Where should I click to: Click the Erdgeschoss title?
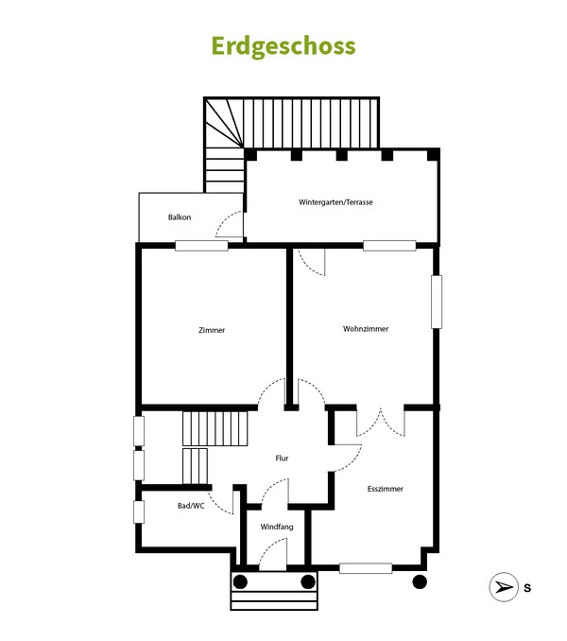tap(283, 46)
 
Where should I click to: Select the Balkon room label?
tap(180, 217)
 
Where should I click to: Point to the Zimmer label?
tap(212, 330)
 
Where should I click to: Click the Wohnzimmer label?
tap(366, 329)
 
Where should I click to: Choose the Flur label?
tap(282, 458)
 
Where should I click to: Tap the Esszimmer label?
tap(385, 489)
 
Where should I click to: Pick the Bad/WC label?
tap(191, 506)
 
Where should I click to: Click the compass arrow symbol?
tap(503, 587)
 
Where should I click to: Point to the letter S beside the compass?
tap(527, 588)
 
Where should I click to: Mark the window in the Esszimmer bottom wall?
tap(366, 568)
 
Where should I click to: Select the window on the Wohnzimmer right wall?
tap(437, 302)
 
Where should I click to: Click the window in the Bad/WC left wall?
tap(139, 511)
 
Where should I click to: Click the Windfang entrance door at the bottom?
tap(273, 554)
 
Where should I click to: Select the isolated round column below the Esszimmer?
tap(419, 580)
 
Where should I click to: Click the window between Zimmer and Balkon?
tap(201, 246)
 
